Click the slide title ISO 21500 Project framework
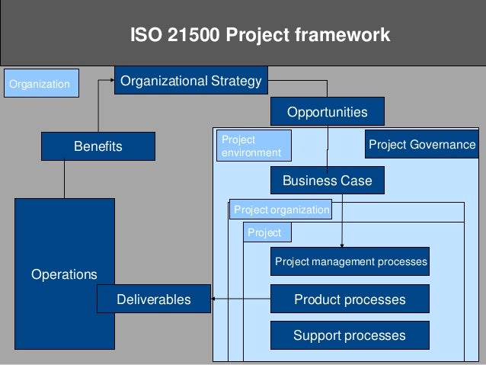click(260, 35)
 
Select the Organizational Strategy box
click(190, 81)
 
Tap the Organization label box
click(39, 83)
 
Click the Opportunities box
click(327, 112)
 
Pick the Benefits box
click(98, 146)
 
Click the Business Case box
click(327, 181)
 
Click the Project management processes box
click(350, 261)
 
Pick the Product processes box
click(350, 299)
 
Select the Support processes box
click(350, 335)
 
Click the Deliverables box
click(154, 299)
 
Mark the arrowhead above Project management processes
click(342, 244)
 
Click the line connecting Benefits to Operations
click(65, 179)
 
